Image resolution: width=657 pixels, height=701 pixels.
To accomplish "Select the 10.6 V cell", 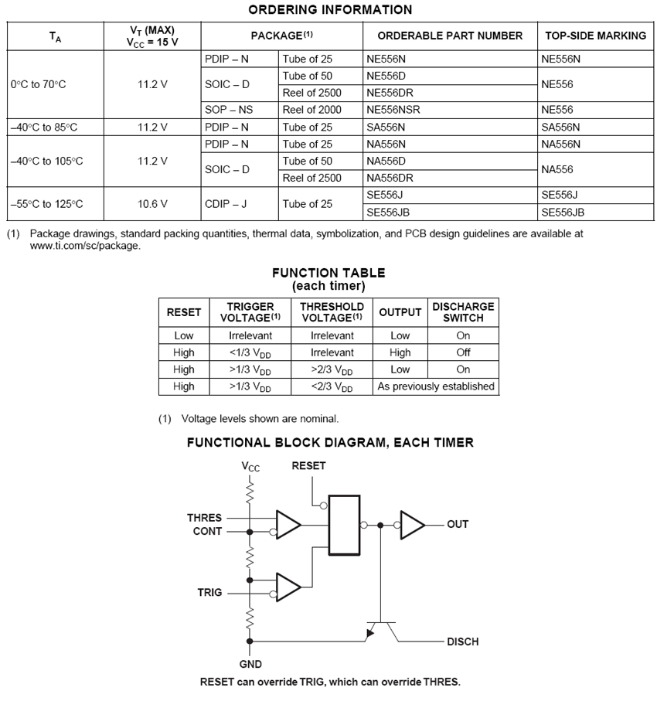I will tap(152, 204).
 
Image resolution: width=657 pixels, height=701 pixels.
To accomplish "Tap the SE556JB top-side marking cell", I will tap(563, 213).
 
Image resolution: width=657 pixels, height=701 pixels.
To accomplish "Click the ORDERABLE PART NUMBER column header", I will tap(450, 36).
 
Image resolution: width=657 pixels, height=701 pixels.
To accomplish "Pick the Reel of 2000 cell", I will tap(311, 110).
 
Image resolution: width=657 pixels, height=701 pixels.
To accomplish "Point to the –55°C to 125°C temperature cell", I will tap(46, 204).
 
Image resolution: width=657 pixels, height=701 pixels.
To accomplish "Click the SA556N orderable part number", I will tap(386, 127).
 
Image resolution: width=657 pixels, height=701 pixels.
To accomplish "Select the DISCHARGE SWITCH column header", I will tap(463, 312).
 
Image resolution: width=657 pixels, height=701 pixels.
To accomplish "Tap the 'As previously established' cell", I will tap(436, 386).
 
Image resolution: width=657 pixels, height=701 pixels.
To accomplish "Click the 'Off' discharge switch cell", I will tap(463, 352).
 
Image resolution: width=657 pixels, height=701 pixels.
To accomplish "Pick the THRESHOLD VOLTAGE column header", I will tap(332, 312).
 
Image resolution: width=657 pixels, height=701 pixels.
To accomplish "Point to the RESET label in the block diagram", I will tap(308, 466).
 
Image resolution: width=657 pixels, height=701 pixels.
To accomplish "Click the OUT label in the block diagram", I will tap(458, 524).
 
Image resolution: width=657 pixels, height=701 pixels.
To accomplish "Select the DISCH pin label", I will tap(462, 641).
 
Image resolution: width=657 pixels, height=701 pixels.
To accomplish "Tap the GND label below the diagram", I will tap(250, 664).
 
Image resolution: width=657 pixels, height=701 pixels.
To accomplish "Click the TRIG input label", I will tap(209, 593).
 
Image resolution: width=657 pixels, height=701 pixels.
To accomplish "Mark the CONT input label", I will tap(207, 532).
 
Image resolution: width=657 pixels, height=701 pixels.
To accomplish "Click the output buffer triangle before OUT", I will tap(412, 525).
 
